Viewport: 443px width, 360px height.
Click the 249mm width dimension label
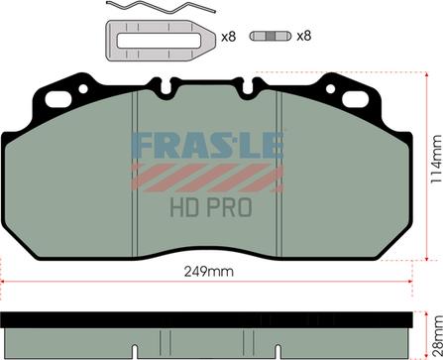[208, 272]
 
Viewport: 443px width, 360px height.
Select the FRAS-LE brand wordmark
[207, 146]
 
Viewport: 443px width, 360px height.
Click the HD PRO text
[211, 207]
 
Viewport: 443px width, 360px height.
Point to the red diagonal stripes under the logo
[207, 178]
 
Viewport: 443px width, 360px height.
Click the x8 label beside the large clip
[228, 37]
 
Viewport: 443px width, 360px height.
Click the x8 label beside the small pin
[304, 36]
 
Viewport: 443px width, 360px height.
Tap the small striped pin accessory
[270, 36]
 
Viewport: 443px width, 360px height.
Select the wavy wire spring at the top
[161, 7]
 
